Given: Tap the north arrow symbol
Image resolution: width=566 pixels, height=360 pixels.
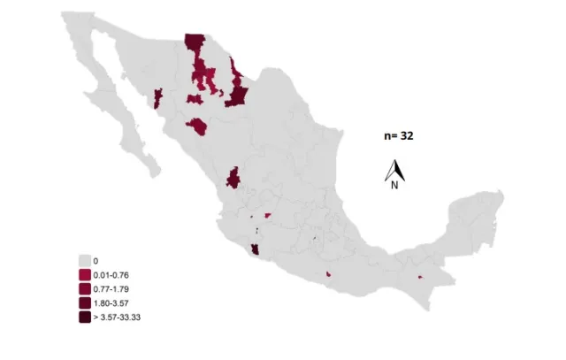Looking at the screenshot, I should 394,169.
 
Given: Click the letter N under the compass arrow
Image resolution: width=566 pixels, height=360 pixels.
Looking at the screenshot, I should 394,185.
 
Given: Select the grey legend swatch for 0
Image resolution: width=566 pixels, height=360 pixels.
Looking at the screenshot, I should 85,261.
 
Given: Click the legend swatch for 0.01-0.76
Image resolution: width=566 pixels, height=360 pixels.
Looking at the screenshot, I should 85,275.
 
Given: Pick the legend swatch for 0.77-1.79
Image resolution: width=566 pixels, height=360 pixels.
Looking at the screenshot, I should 85,289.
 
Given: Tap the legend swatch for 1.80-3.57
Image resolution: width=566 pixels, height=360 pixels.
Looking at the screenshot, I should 85,303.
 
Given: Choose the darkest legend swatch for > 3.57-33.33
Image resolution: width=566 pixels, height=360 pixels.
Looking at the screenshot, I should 85,317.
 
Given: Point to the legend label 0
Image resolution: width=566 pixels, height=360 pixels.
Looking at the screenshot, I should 96,261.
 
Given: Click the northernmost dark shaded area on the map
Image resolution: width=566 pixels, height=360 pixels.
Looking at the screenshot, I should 194,44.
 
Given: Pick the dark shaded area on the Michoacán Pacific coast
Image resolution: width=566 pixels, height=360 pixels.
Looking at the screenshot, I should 256,252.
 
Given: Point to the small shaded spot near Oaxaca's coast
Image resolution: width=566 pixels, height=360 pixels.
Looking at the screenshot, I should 329,274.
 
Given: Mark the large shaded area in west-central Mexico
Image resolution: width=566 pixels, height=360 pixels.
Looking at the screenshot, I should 234,177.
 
